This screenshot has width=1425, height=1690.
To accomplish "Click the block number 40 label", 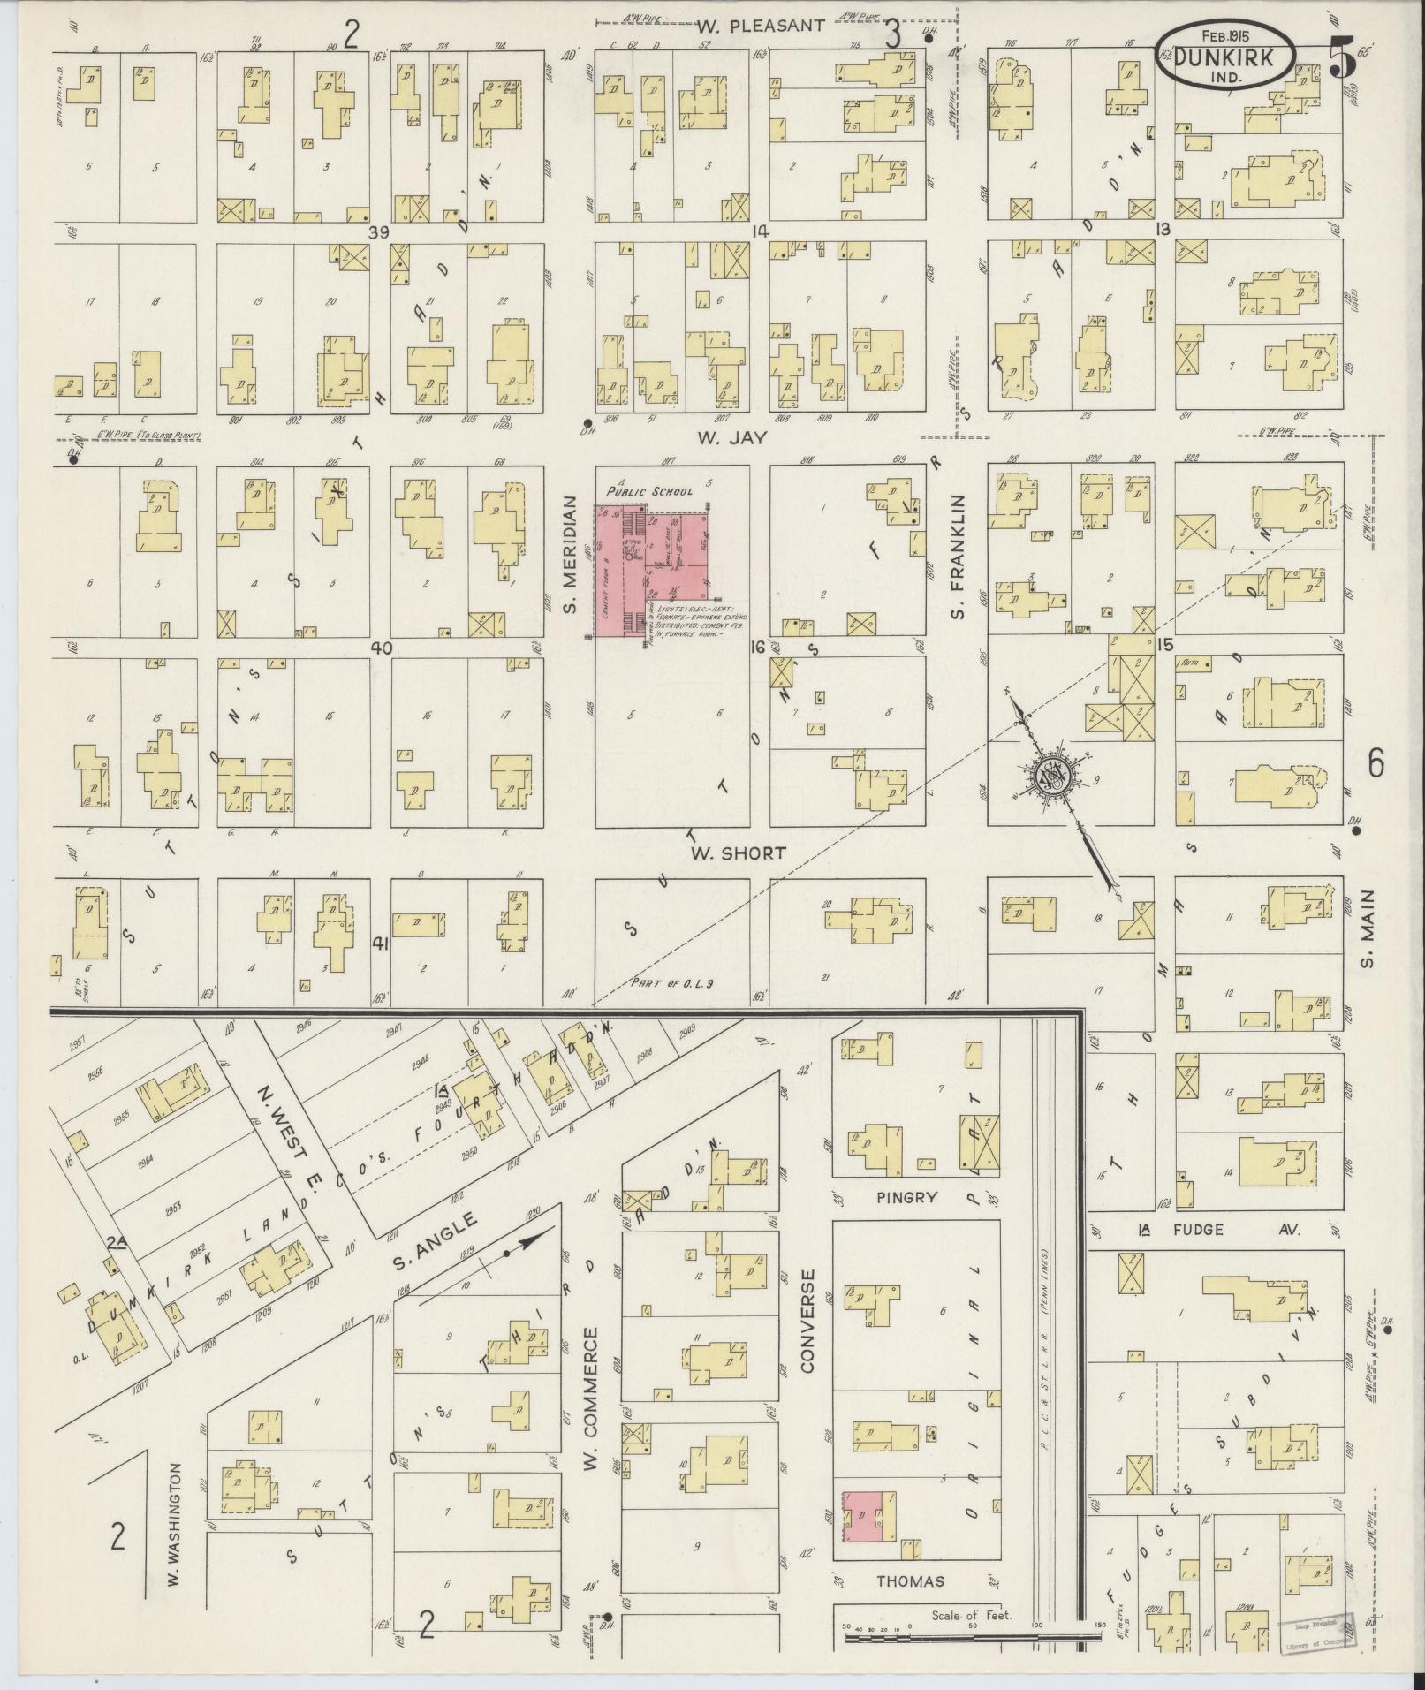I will [x=380, y=648].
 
